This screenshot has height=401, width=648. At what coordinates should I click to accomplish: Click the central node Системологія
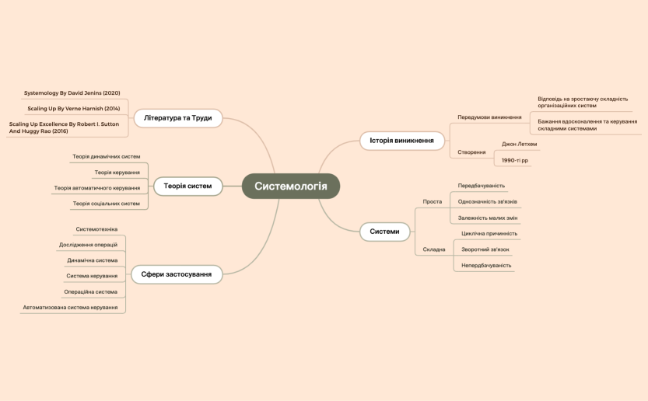click(x=290, y=186)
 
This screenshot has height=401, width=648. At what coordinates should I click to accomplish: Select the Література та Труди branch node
click(x=177, y=118)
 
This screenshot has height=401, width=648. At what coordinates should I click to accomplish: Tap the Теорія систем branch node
click(x=187, y=186)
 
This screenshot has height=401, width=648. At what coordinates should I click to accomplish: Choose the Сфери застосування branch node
click(x=177, y=274)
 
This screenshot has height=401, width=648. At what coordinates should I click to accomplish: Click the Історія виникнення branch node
click(x=402, y=140)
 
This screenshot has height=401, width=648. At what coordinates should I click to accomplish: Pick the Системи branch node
click(x=385, y=231)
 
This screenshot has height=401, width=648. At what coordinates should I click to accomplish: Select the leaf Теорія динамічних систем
click(x=107, y=156)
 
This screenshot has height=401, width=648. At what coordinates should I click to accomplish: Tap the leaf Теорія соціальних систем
click(x=107, y=204)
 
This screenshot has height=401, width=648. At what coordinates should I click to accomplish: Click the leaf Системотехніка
click(x=96, y=229)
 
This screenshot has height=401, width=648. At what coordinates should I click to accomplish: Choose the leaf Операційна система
click(x=91, y=291)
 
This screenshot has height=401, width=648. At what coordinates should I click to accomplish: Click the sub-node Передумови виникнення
click(x=489, y=117)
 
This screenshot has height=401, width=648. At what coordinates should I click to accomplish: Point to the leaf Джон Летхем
click(x=519, y=144)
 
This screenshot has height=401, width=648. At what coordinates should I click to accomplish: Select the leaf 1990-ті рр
click(x=515, y=160)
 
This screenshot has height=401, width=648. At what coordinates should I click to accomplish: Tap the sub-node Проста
click(x=432, y=201)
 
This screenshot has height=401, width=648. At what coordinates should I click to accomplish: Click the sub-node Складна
click(x=434, y=249)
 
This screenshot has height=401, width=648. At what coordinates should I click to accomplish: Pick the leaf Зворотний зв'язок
click(x=485, y=249)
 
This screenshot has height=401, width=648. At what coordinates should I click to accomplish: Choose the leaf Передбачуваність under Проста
click(x=482, y=186)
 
